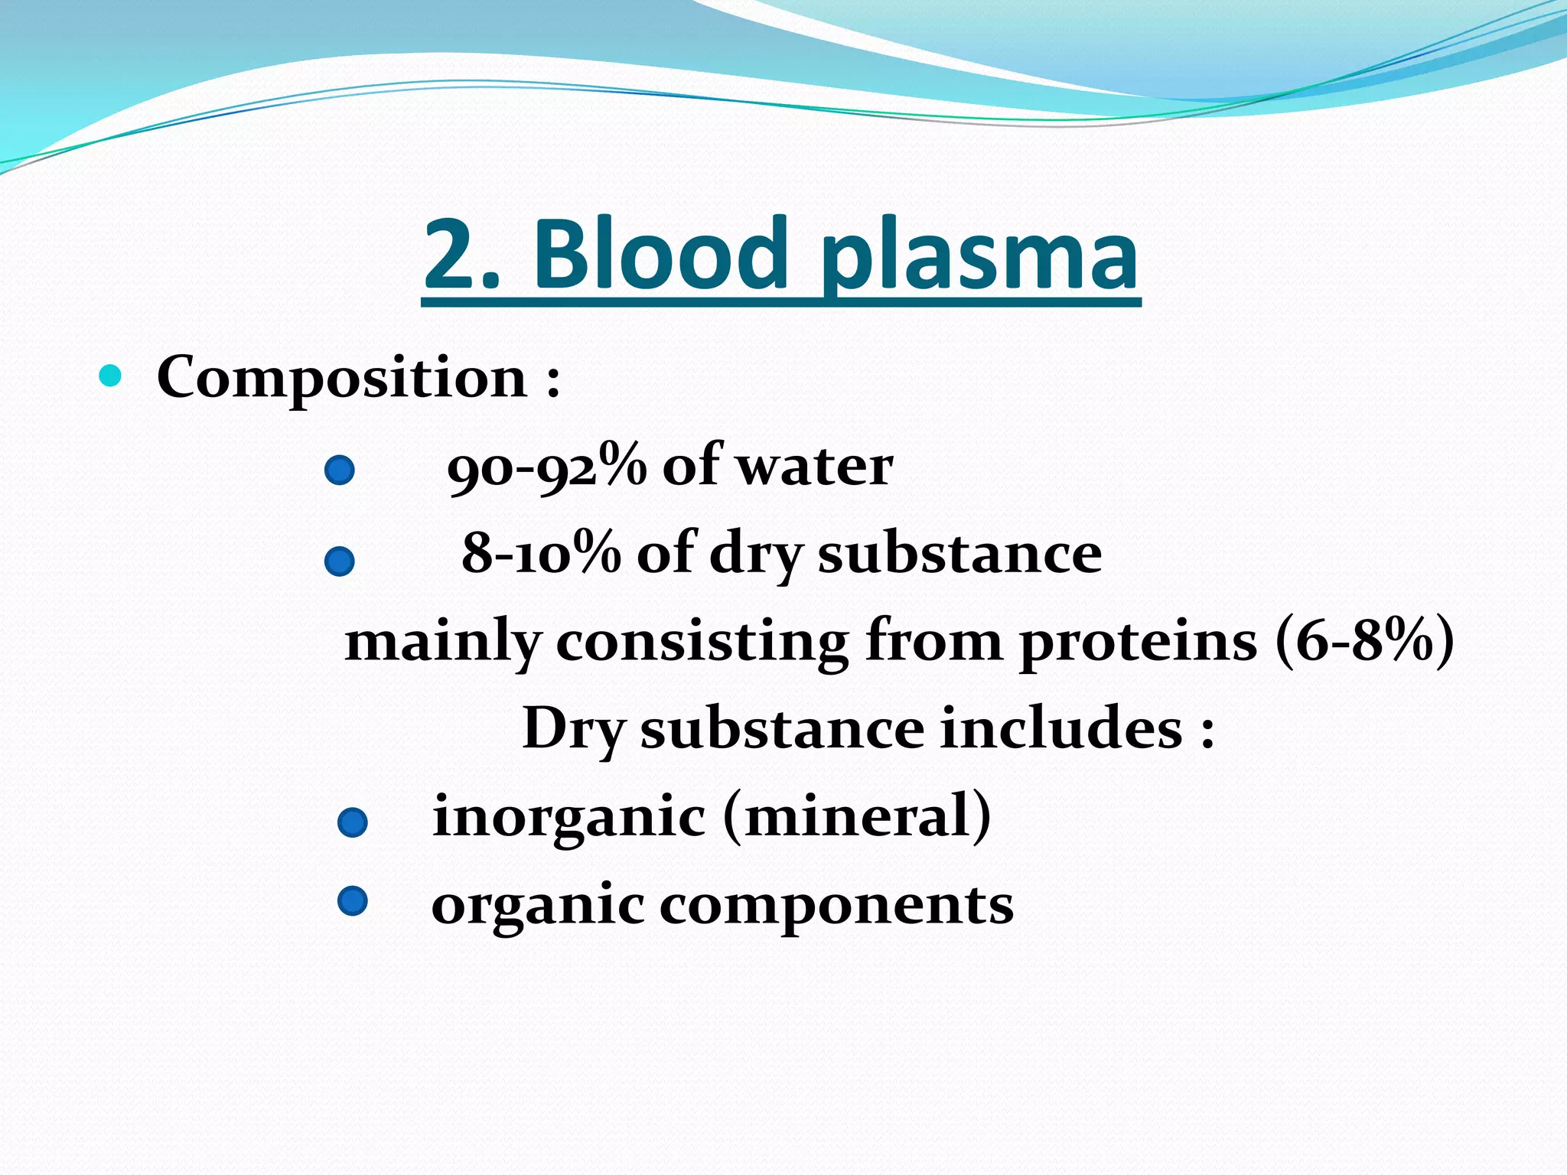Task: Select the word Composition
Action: [341, 379]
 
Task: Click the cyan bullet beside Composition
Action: [111, 376]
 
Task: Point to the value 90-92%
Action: [546, 467]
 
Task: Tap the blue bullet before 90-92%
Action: [339, 470]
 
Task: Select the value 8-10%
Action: [541, 553]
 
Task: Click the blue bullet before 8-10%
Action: [339, 561]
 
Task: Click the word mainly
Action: [443, 643]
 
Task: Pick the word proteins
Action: [1138, 643]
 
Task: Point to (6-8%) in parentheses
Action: [1364, 641]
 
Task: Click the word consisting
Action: [702, 643]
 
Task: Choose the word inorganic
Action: [568, 816]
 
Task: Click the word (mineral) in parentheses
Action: [857, 816]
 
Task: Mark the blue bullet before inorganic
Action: [353, 823]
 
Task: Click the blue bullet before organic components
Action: [353, 901]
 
